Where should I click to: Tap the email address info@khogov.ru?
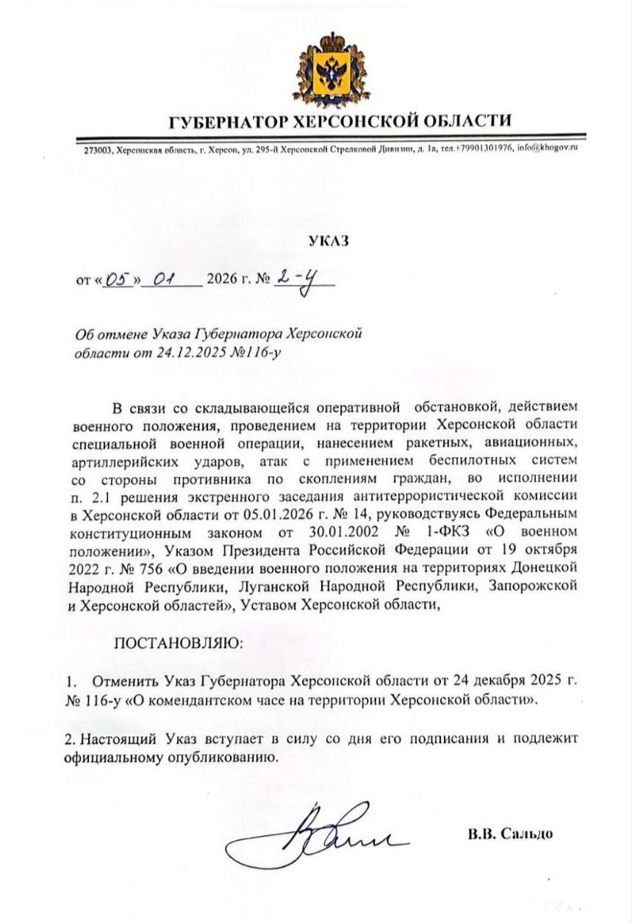[x=548, y=148]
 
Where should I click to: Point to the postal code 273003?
[x=96, y=149]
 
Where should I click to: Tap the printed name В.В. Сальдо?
[x=509, y=834]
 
